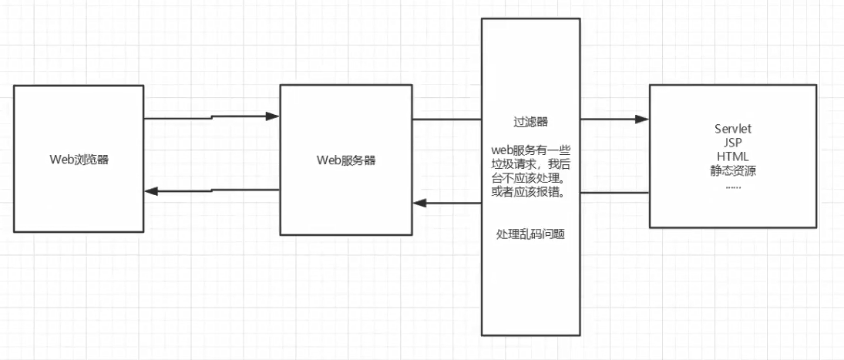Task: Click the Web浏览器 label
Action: point(78,160)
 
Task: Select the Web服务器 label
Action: point(346,160)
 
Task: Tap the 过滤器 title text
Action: point(530,122)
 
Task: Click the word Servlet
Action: point(733,130)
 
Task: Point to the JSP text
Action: point(733,143)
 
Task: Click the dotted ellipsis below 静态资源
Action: point(733,185)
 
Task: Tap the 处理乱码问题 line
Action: point(530,234)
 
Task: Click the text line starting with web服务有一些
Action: point(530,150)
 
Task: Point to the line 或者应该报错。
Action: point(530,191)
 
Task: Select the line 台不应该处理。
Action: point(530,177)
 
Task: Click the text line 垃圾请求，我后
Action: point(530,163)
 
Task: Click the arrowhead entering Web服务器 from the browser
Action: point(272,116)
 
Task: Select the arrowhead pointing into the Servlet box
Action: point(642,119)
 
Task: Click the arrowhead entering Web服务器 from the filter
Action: point(420,203)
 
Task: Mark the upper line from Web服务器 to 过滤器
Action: point(447,119)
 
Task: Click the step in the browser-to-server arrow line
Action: point(212,118)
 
